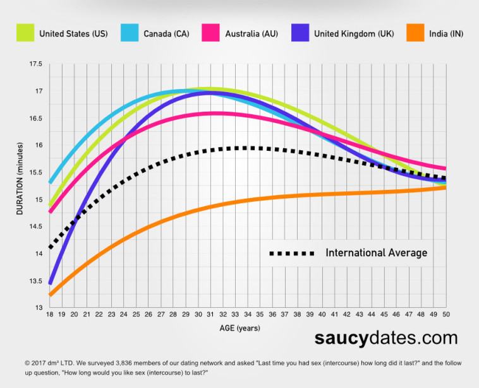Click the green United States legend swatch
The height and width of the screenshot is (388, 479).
(x=25, y=33)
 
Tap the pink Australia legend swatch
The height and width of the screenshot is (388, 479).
(x=210, y=33)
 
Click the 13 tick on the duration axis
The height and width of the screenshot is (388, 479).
(x=39, y=308)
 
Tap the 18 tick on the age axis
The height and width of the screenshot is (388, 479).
(x=50, y=315)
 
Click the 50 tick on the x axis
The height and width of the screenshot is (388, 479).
(x=446, y=315)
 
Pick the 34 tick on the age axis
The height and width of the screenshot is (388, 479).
(x=248, y=315)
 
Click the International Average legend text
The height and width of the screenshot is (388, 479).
(x=376, y=253)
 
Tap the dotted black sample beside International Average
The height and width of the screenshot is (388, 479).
(x=292, y=253)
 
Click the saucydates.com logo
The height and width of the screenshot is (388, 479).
(x=385, y=339)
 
